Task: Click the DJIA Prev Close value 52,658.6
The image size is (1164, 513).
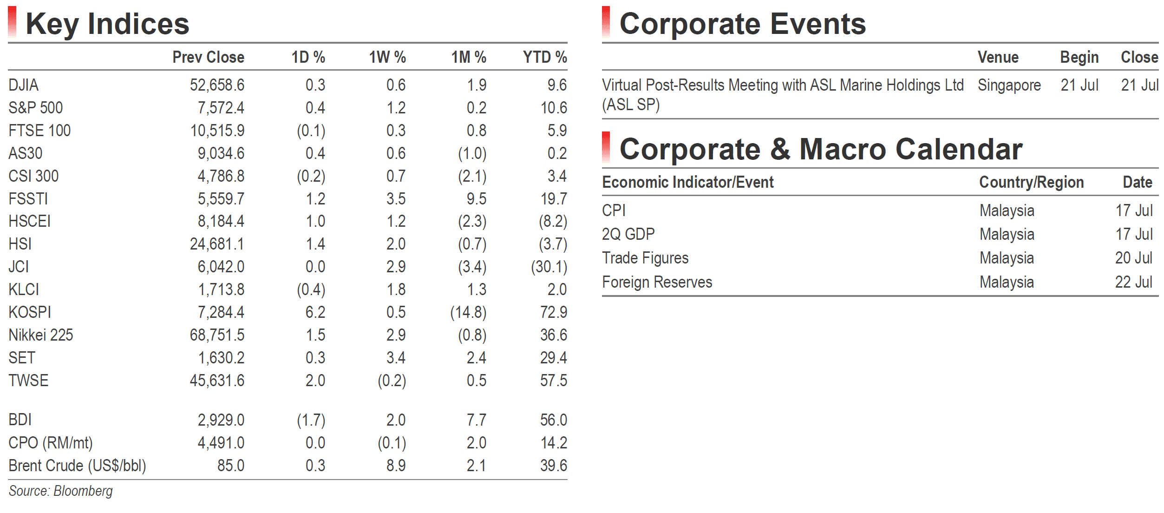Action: pyautogui.click(x=217, y=85)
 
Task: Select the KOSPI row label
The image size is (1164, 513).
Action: pyautogui.click(x=30, y=312)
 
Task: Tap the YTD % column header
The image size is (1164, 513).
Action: pyautogui.click(x=545, y=57)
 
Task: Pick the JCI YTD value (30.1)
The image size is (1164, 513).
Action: pyautogui.click(x=549, y=267)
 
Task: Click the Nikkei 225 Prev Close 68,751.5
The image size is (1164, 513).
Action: pyautogui.click(x=217, y=335)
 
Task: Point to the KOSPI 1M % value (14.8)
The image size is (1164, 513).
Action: pyautogui.click(x=468, y=312)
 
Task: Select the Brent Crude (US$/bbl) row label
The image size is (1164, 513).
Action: pyautogui.click(x=77, y=466)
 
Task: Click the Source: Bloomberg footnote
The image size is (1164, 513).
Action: pyautogui.click(x=61, y=491)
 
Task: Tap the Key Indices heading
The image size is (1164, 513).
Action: pyautogui.click(x=107, y=24)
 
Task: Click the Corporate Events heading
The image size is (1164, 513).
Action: pyautogui.click(x=743, y=24)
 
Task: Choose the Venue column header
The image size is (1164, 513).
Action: pyautogui.click(x=998, y=57)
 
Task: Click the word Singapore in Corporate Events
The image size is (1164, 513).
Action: pyautogui.click(x=1009, y=85)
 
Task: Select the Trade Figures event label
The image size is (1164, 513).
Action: pyautogui.click(x=645, y=258)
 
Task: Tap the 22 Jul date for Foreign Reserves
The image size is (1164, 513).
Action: pyautogui.click(x=1134, y=282)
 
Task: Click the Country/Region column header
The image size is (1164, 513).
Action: pyautogui.click(x=1032, y=182)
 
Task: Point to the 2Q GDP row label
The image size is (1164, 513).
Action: pyautogui.click(x=628, y=234)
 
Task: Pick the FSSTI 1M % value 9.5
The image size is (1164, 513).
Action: pyautogui.click(x=477, y=199)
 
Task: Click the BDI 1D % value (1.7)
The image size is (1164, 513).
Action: pyautogui.click(x=311, y=420)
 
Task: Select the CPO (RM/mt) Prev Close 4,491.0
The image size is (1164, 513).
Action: pyautogui.click(x=221, y=443)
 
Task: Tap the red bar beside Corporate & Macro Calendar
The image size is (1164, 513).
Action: pyautogui.click(x=606, y=147)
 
